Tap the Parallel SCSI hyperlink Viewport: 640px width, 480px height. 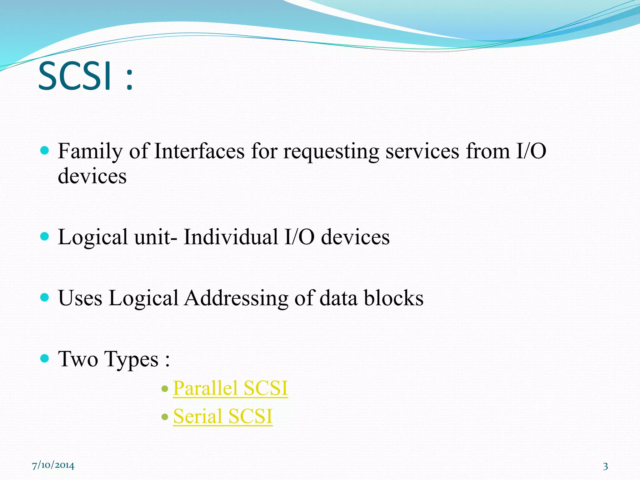(230, 388)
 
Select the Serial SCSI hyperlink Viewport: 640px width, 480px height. (223, 416)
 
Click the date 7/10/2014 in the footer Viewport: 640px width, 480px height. (53, 465)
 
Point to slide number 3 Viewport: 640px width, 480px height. (605, 466)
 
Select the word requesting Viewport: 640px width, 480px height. (331, 152)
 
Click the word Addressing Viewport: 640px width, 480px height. (236, 298)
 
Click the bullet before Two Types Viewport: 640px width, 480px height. (45, 358)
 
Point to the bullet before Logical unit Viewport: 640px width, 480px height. (45, 236)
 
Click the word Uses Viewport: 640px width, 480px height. (80, 297)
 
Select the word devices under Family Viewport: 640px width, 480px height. (92, 176)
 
